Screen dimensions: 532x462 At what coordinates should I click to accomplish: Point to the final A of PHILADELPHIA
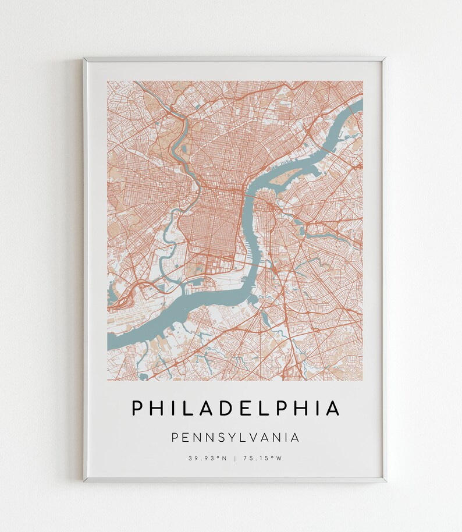pyautogui.click(x=332, y=408)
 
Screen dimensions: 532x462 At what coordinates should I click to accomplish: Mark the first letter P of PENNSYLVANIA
pyautogui.click(x=175, y=437)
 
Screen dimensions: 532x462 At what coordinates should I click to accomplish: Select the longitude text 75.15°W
pyautogui.click(x=262, y=459)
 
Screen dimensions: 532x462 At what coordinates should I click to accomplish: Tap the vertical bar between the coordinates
pyautogui.click(x=235, y=459)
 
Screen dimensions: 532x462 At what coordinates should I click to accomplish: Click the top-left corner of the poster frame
pyautogui.click(x=84, y=58)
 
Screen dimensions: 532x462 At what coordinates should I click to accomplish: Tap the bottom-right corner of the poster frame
pyautogui.click(x=385, y=481)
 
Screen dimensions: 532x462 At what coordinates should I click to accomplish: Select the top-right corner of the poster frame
pyautogui.click(x=385, y=58)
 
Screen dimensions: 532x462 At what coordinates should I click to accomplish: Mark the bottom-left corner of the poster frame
pyautogui.click(x=84, y=481)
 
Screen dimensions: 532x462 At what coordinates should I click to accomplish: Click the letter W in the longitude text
pyautogui.click(x=279, y=459)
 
